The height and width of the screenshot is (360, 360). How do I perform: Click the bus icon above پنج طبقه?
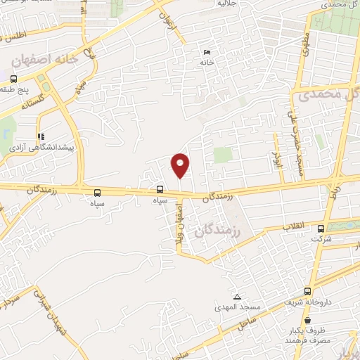[x=33, y=78]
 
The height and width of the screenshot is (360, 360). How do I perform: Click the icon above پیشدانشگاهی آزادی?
[x=41, y=137]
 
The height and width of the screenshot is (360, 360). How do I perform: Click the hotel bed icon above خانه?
[x=206, y=53]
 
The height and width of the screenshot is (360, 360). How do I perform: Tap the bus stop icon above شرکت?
[x=321, y=229]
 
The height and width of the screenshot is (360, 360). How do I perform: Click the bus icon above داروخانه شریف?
[x=307, y=291]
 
